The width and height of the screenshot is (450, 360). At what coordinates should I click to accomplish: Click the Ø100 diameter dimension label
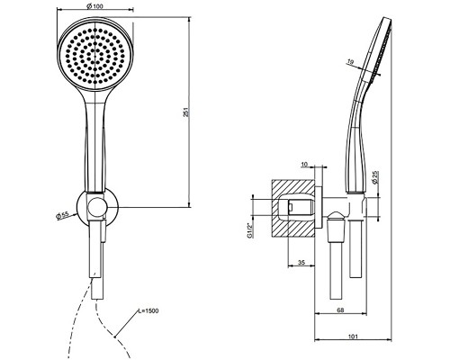pyautogui.click(x=94, y=6)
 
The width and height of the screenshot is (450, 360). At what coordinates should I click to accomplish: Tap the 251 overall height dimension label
pyautogui.click(x=186, y=112)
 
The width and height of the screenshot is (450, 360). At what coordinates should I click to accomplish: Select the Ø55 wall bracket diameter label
pyautogui.click(x=63, y=215)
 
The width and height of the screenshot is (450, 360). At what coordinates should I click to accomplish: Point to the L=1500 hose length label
pyautogui.click(x=148, y=310)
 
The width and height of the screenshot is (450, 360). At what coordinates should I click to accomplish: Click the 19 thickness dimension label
pyautogui.click(x=350, y=62)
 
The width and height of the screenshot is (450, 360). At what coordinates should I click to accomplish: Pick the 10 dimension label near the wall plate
pyautogui.click(x=304, y=164)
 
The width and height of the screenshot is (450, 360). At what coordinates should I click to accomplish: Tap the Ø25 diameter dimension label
pyautogui.click(x=374, y=177)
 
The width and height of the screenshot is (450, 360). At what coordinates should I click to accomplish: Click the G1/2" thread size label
pyautogui.click(x=249, y=230)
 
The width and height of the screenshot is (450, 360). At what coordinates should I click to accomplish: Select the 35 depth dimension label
pyautogui.click(x=301, y=263)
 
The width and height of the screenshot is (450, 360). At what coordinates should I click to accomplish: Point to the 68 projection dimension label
pyautogui.click(x=340, y=310)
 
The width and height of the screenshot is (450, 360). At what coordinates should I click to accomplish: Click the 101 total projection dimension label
pyautogui.click(x=353, y=337)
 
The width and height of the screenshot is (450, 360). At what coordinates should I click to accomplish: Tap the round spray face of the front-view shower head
pyautogui.click(x=94, y=56)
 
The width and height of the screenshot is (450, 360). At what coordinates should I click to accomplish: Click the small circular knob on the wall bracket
pyautogui.click(x=96, y=207)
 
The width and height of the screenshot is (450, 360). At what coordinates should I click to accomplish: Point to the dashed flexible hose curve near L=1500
pyautogui.click(x=111, y=330)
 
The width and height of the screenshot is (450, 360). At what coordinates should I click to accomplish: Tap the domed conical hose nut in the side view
pyautogui.click(x=336, y=227)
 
